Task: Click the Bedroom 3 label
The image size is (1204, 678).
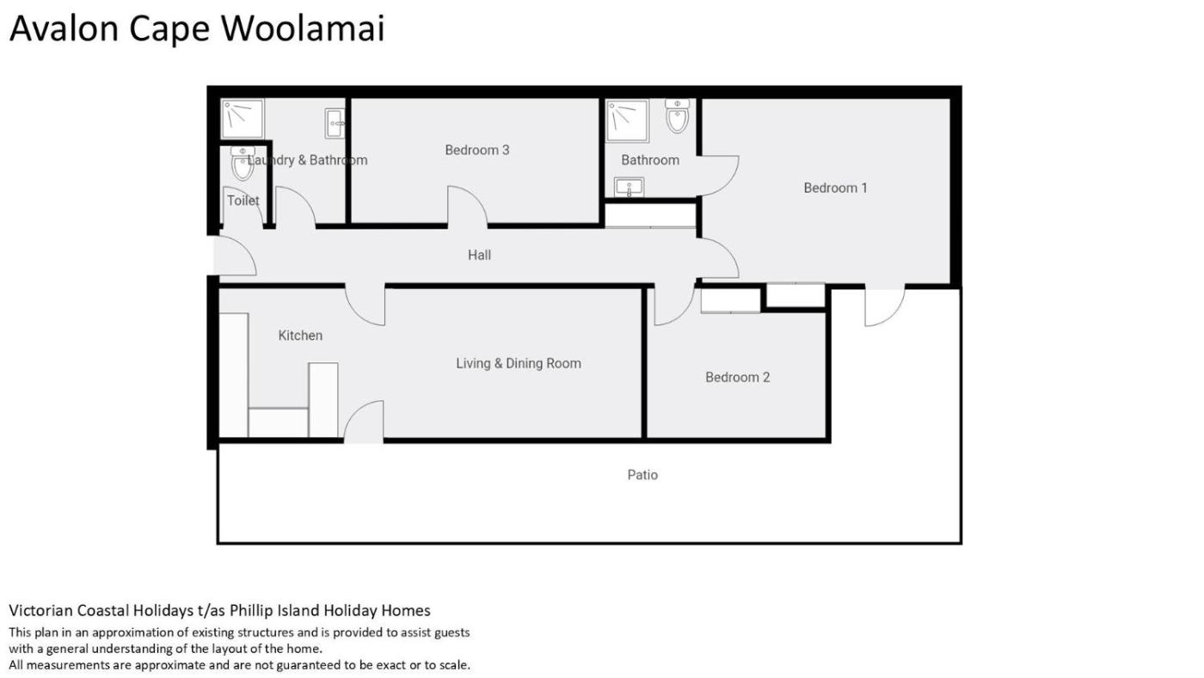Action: [x=476, y=150]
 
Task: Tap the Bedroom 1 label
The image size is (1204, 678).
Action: [x=835, y=188]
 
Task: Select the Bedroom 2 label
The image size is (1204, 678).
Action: [x=738, y=377]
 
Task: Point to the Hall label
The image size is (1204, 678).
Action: [x=479, y=255]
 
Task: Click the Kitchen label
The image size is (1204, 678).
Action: [x=300, y=336]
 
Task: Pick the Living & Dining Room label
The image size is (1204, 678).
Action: [x=518, y=363]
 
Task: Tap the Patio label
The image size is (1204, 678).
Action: [x=642, y=475]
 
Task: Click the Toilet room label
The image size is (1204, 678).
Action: [x=243, y=200]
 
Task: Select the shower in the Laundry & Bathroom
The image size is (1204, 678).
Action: [x=243, y=118]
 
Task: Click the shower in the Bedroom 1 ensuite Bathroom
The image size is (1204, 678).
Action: [x=627, y=121]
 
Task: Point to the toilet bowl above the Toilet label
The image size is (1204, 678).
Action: [x=243, y=163]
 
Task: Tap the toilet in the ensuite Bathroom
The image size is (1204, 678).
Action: [x=678, y=115]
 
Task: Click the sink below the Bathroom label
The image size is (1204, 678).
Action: [x=630, y=188]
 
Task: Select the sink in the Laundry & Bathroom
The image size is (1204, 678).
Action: [x=335, y=123]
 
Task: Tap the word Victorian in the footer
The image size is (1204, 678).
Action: [x=41, y=610]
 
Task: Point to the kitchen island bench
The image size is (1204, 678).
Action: [x=323, y=399]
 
